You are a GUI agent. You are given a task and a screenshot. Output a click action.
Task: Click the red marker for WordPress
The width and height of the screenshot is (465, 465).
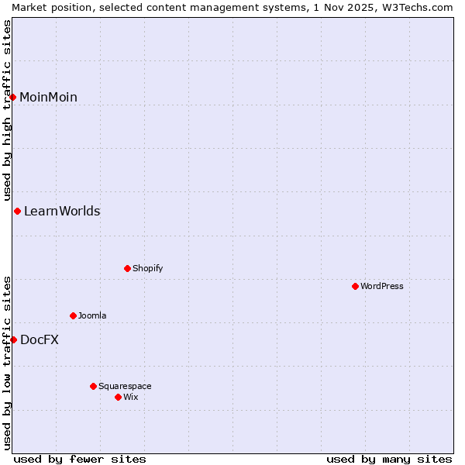[355, 286]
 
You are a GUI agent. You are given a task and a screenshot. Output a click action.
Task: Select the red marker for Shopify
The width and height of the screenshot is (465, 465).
[127, 268]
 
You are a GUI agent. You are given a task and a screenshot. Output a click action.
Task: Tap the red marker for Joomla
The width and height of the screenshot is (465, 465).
[73, 315]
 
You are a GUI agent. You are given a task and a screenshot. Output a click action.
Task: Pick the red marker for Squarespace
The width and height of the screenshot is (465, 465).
[93, 386]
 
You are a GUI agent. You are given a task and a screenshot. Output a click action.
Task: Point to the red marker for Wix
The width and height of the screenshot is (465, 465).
[118, 397]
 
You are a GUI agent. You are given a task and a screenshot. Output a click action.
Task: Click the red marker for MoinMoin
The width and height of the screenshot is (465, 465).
[12, 97]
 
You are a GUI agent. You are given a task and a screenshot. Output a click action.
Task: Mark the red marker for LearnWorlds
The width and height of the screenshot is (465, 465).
[17, 211]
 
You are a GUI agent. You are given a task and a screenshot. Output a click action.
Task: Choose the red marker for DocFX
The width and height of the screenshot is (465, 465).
[13, 339]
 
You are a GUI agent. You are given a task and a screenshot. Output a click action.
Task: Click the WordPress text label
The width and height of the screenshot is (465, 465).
[382, 286]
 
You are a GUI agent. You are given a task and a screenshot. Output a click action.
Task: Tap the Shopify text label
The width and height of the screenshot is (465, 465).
[147, 268]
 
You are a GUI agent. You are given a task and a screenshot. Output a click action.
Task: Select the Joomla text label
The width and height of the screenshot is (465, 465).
[92, 315]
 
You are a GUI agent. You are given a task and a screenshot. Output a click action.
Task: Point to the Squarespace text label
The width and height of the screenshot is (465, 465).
[125, 386]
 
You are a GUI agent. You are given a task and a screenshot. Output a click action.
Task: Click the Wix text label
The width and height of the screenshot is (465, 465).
[130, 397]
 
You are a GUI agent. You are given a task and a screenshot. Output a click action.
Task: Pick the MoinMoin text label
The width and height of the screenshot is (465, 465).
[48, 97]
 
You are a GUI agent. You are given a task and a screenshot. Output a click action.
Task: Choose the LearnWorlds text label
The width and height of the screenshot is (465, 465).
[62, 211]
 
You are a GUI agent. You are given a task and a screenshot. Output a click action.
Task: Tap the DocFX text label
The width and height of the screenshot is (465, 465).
[40, 339]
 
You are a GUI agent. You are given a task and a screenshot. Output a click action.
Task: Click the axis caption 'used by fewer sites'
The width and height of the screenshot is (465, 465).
[80, 459]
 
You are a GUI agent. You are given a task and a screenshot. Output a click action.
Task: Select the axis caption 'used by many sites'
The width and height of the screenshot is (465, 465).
[389, 459]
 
